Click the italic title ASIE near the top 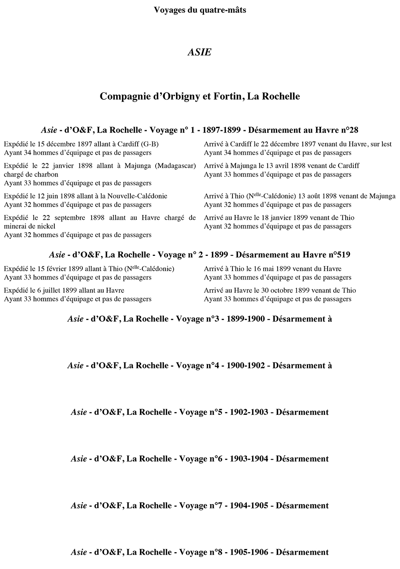(199, 52)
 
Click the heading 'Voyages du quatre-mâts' (200, 10)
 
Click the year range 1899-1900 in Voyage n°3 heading (246, 319)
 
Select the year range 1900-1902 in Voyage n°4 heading (246, 366)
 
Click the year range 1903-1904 (249, 459)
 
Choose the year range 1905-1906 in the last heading (249, 552)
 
